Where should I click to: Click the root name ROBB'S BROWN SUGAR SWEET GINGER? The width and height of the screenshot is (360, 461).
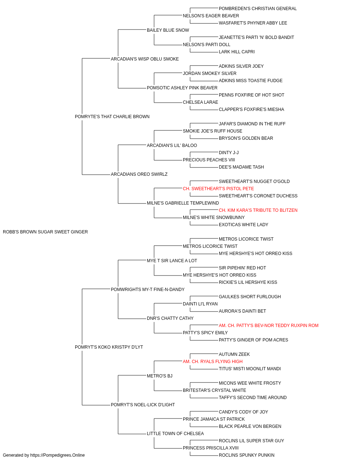coord(45,232)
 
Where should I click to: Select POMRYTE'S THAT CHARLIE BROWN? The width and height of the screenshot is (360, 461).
coord(112,116)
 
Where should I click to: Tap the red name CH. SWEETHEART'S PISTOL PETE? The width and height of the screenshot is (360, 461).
coord(218,189)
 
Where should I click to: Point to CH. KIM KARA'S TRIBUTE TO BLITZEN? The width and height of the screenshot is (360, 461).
coord(258,210)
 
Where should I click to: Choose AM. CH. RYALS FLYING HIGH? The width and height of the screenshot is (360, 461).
coord(212,362)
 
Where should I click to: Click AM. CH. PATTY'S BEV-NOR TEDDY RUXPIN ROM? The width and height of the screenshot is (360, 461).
coord(269,326)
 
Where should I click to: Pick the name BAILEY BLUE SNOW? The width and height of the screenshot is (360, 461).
coord(168,30)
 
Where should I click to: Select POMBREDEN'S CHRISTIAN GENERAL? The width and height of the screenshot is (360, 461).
coord(258,9)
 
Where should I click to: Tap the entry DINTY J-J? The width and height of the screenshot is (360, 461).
coord(229,153)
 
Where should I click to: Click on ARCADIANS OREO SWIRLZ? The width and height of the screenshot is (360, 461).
coord(139,174)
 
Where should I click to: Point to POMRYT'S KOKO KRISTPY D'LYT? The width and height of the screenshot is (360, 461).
coord(109,347)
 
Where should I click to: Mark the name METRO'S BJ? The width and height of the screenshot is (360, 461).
coord(159,376)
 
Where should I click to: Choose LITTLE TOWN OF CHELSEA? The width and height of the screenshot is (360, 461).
coord(175,434)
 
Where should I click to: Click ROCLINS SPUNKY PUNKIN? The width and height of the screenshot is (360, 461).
coord(246,455)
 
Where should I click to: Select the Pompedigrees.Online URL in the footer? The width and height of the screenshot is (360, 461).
coord(57,455)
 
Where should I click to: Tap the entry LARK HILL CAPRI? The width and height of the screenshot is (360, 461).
coord(237,52)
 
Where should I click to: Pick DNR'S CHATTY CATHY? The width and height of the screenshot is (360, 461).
coord(170,318)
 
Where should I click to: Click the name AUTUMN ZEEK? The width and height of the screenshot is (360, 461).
coord(234,354)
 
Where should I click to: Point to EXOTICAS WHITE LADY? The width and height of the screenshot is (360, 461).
coord(243,225)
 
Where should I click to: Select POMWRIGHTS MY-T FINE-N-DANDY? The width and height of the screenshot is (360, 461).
coord(148,290)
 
